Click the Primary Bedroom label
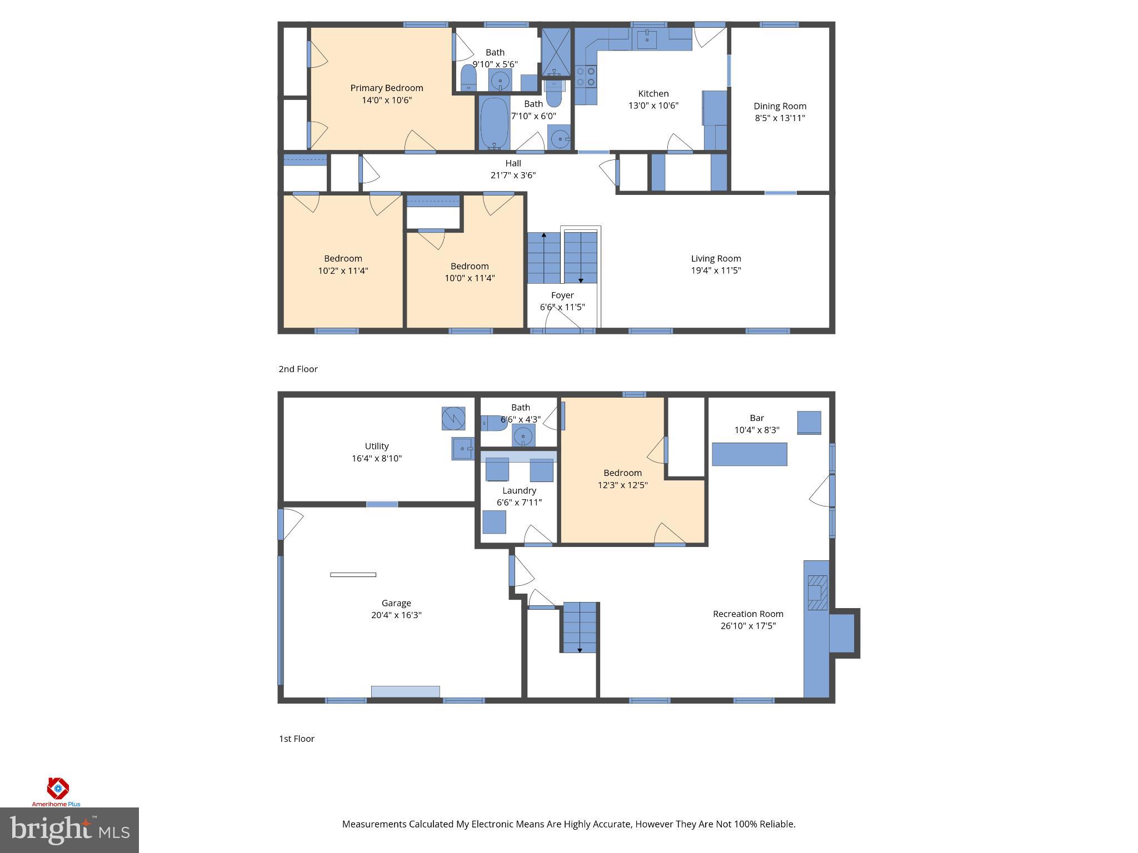(x=386, y=88)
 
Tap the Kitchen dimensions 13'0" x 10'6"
(x=653, y=106)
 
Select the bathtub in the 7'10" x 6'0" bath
(x=494, y=123)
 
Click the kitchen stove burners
(x=585, y=77)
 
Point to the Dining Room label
(x=780, y=106)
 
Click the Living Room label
(x=716, y=258)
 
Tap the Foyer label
(x=562, y=295)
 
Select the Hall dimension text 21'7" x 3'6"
(x=513, y=175)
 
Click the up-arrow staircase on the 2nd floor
(x=544, y=258)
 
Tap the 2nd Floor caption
(x=298, y=369)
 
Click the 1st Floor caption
(x=296, y=739)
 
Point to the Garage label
(x=396, y=603)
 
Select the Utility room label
(x=376, y=446)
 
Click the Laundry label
(x=519, y=490)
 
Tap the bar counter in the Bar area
(x=749, y=454)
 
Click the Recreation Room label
(x=748, y=614)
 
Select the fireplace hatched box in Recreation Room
(x=817, y=593)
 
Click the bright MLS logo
(x=69, y=830)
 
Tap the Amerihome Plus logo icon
(x=57, y=787)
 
